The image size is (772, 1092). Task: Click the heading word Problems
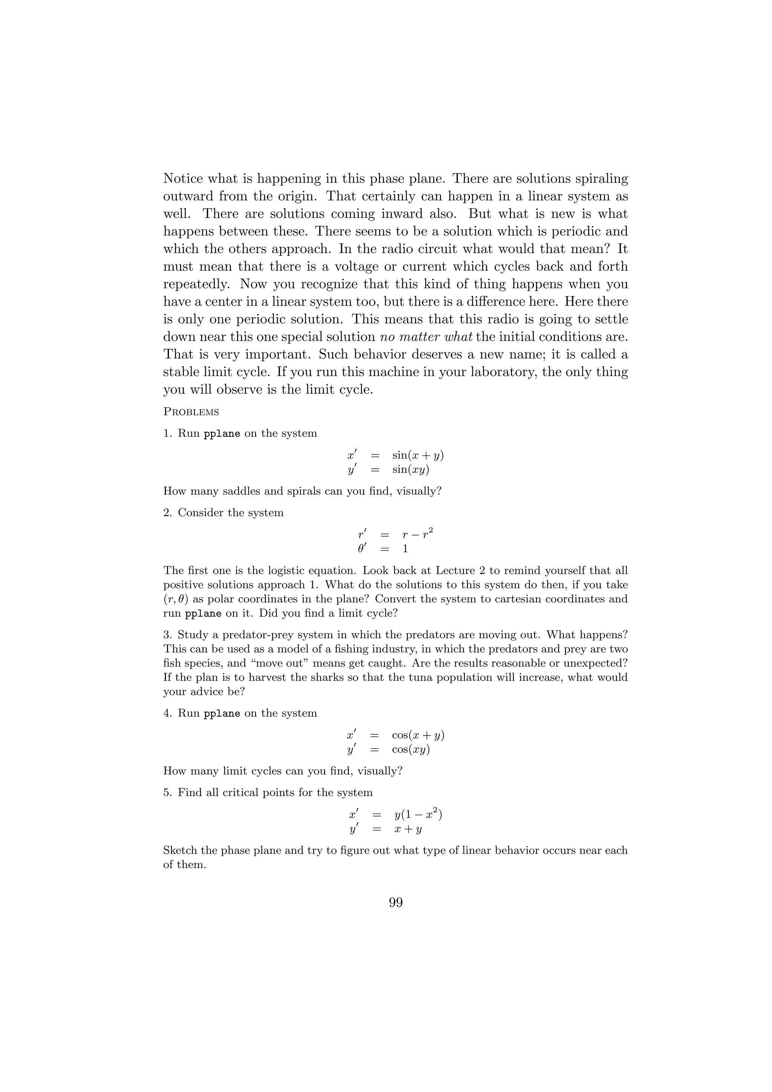tap(191, 412)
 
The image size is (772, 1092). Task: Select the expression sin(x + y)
tap(418, 455)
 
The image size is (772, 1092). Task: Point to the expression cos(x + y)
tap(418, 735)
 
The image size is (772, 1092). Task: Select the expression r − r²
tap(418, 535)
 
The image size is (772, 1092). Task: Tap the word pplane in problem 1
tap(222, 434)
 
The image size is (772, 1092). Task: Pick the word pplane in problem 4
tap(222, 713)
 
